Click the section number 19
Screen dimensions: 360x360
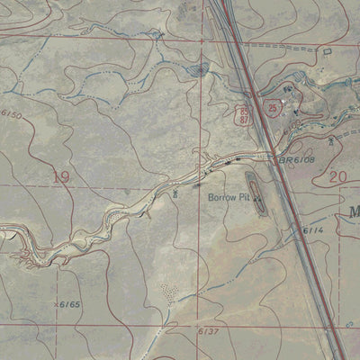(x=60, y=177)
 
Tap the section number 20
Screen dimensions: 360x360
(x=338, y=177)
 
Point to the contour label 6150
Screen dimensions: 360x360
(x=11, y=114)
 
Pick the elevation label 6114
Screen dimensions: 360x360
(x=312, y=231)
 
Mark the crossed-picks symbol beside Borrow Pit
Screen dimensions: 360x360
(x=257, y=196)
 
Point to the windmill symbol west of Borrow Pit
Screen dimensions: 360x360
(x=174, y=192)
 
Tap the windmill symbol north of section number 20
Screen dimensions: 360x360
(x=333, y=141)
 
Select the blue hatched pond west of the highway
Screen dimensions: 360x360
(x=196, y=69)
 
